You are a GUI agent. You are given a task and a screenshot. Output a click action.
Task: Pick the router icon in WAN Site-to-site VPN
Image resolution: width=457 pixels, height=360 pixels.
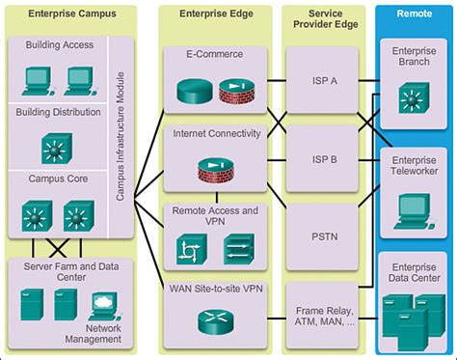click(209, 320)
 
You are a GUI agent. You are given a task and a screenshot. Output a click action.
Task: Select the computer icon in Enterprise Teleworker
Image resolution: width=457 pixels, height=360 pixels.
click(414, 212)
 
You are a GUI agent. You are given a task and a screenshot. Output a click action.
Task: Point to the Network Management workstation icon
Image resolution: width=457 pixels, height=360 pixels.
click(103, 307)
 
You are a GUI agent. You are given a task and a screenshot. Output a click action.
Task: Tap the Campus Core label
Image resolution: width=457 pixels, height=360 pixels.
click(56, 178)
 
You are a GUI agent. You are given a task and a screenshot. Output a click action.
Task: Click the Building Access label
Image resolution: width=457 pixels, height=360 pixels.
click(59, 45)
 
